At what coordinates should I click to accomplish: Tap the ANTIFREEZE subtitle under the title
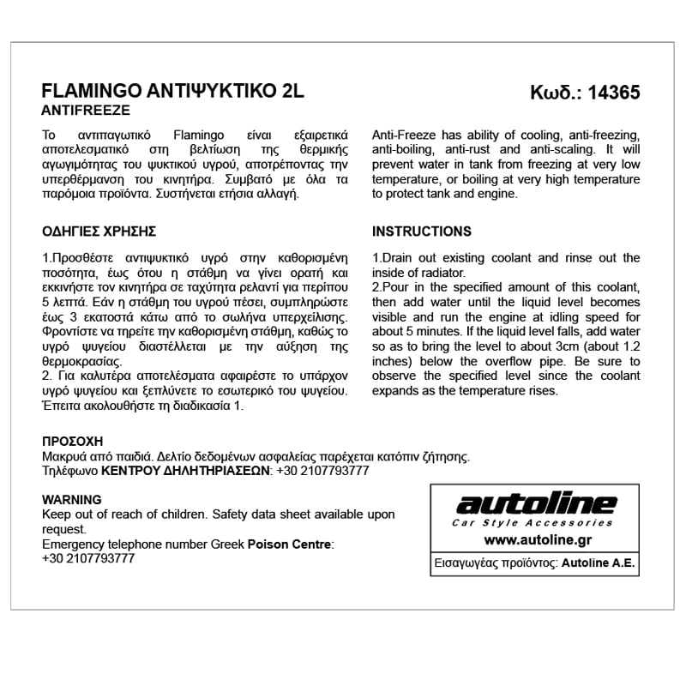[86, 111]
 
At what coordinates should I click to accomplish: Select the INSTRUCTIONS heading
[422, 232]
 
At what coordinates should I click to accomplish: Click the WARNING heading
[71, 500]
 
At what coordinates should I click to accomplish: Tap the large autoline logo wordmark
[535, 504]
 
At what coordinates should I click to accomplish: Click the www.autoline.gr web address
[535, 540]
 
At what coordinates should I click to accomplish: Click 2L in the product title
[292, 93]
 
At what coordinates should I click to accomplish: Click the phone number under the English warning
[88, 557]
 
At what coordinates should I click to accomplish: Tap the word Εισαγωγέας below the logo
[468, 564]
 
